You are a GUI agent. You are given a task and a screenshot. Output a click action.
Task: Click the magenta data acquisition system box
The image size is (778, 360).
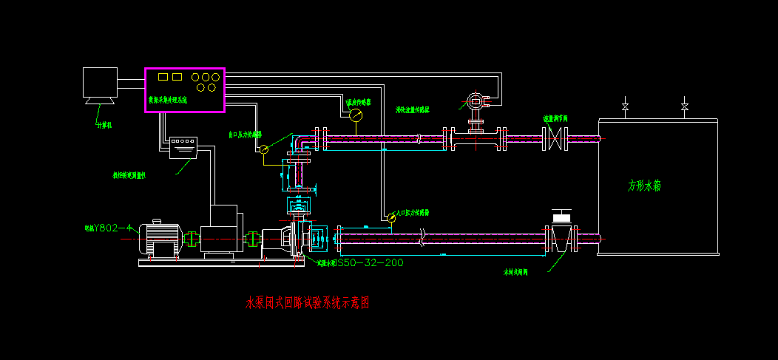pyautogui.click(x=184, y=90)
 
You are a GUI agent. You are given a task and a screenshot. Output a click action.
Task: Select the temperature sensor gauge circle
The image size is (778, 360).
pyautogui.click(x=356, y=115)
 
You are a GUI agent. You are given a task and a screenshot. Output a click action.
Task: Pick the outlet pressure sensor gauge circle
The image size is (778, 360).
pyautogui.click(x=263, y=149)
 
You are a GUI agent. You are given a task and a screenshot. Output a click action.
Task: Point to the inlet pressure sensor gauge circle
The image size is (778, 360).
pyautogui.click(x=390, y=217)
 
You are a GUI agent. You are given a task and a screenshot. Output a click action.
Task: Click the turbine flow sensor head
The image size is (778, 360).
pyautogui.click(x=473, y=101)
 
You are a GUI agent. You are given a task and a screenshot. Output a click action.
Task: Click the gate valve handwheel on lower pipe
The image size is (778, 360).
pyautogui.click(x=562, y=216)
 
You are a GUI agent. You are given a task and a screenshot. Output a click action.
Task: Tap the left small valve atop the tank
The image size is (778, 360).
pyautogui.click(x=626, y=108)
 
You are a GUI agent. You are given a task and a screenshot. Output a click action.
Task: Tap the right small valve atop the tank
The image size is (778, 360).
pyautogui.click(x=685, y=108)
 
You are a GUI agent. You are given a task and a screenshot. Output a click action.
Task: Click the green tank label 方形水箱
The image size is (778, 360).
pyautogui.click(x=644, y=186)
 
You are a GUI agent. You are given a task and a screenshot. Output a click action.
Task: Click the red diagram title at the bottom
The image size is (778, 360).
pyautogui.click(x=306, y=303)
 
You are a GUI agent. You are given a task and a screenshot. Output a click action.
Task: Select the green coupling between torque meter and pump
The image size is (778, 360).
pyautogui.click(x=251, y=239)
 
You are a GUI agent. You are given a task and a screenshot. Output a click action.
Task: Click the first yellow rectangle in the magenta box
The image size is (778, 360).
pyautogui.click(x=162, y=76)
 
